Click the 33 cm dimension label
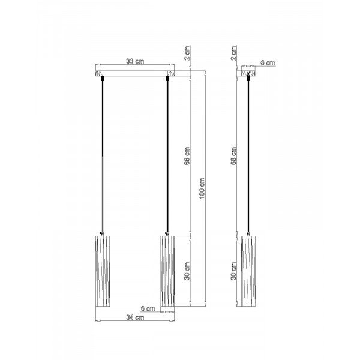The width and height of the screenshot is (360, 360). tap(135, 61)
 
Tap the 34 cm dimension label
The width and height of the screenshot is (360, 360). tap(135, 317)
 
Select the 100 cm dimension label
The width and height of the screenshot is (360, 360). tap(202, 188)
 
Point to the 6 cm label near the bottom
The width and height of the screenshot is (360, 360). tap(148, 308)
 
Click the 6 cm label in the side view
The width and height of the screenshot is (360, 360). tap(268, 62)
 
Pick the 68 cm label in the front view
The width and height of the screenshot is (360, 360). tap(187, 156)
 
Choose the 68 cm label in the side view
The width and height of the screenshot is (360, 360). tap(233, 156)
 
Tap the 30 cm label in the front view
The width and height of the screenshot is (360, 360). tap(187, 271)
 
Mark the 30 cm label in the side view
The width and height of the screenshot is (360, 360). tap(233, 271)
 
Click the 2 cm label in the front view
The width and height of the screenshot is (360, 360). tap(187, 53)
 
